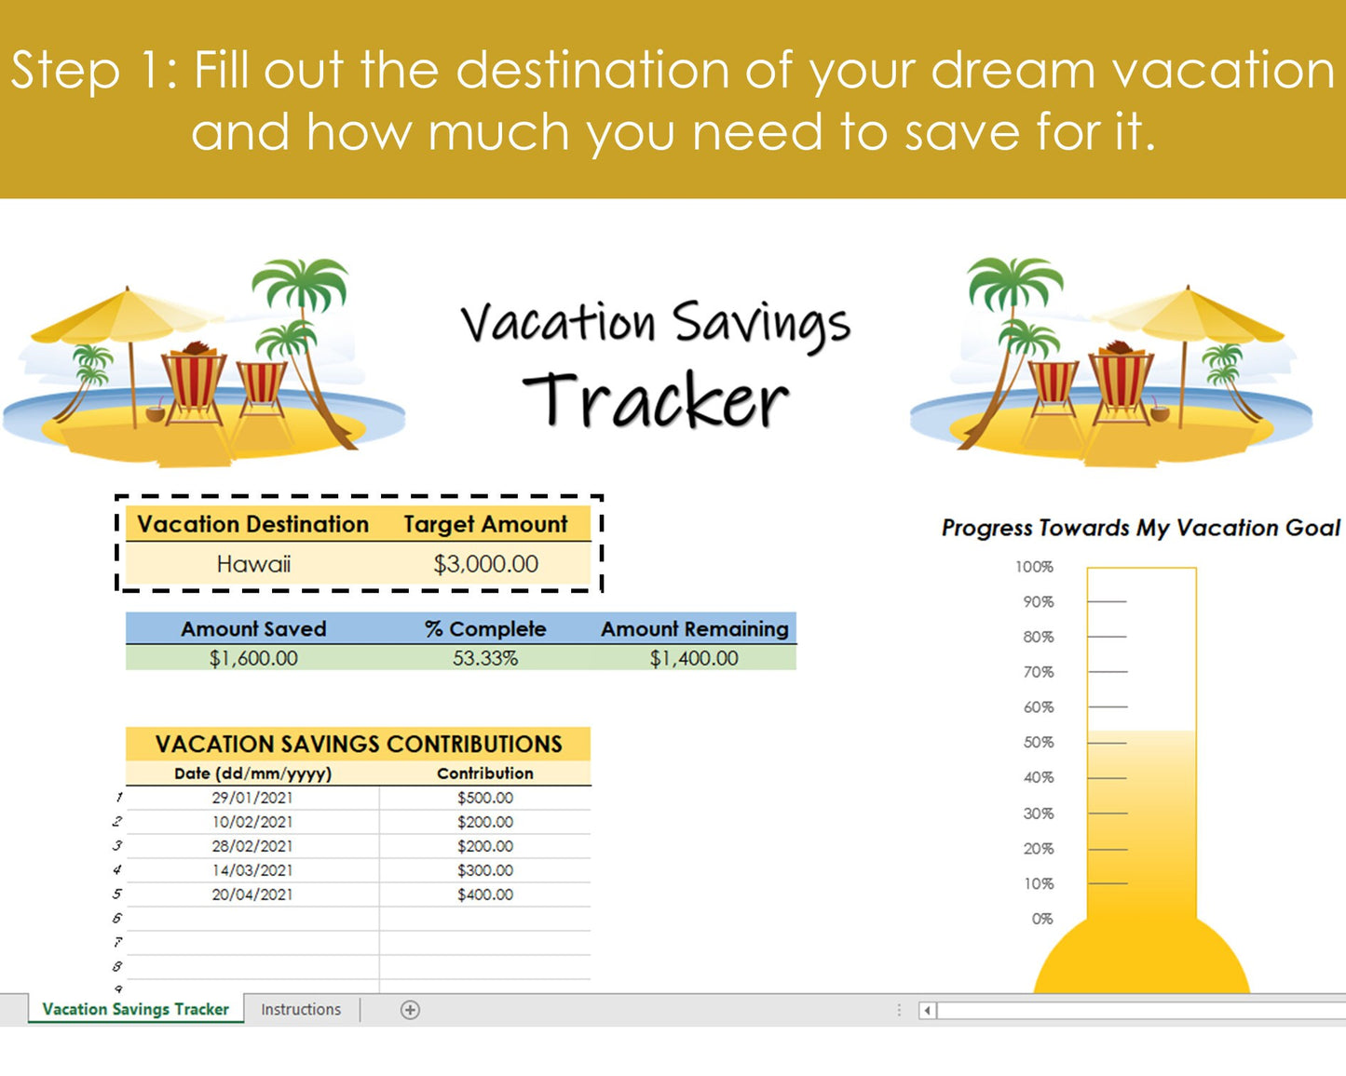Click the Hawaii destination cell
point(253,564)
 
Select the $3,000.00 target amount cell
point(485,564)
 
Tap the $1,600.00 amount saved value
point(253,658)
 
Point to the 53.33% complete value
point(485,658)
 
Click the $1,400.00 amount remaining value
point(694,658)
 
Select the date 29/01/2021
point(252,798)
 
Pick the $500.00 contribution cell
point(485,798)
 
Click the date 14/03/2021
point(252,870)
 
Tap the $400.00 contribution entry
point(485,894)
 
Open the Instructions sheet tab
point(301,1009)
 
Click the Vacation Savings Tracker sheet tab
point(136,1009)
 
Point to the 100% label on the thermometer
point(1034,567)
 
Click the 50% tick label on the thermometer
point(1039,743)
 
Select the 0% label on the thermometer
point(1042,919)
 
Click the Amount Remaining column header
point(694,629)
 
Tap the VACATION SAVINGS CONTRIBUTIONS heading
point(359,744)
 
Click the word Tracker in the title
point(656,401)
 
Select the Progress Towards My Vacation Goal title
point(1140,528)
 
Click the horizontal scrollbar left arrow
point(927,1010)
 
